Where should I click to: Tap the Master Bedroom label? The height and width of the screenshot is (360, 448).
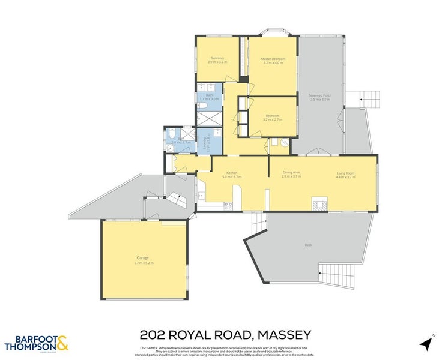[273, 59]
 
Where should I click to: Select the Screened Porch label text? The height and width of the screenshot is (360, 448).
[320, 95]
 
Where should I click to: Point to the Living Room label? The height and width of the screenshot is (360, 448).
[345, 173]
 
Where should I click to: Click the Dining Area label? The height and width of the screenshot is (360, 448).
[291, 173]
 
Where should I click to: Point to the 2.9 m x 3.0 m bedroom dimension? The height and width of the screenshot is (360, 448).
[217, 62]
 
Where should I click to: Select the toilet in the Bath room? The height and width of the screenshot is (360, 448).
[202, 107]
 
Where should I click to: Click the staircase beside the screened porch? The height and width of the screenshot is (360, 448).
[369, 97]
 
